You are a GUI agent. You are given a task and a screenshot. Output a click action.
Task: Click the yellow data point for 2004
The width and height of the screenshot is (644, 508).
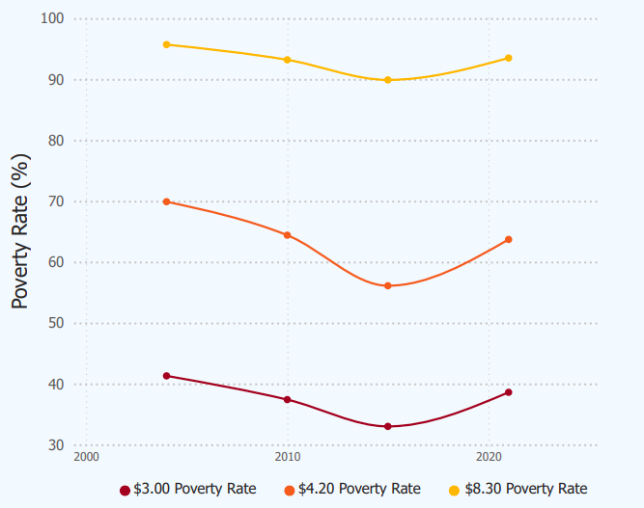pyautogui.click(x=167, y=44)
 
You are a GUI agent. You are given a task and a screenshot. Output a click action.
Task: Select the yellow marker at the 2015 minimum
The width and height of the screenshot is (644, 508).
pyautogui.click(x=388, y=80)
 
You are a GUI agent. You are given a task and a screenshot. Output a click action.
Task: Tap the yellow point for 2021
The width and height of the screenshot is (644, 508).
pyautogui.click(x=508, y=58)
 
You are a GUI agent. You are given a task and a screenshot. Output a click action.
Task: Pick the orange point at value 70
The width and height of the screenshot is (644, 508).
pyautogui.click(x=167, y=201)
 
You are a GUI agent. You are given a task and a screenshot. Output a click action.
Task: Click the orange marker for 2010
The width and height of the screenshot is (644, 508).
pyautogui.click(x=288, y=235)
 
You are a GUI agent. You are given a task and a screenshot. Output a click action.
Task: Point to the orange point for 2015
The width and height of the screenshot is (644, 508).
pyautogui.click(x=388, y=285)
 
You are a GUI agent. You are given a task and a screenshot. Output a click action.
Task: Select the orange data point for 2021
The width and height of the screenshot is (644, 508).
pyautogui.click(x=508, y=239)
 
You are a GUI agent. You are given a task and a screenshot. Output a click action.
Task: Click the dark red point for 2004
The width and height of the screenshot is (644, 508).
pyautogui.click(x=167, y=376)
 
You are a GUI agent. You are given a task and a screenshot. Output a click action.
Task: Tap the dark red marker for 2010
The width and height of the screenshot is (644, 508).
pyautogui.click(x=288, y=399)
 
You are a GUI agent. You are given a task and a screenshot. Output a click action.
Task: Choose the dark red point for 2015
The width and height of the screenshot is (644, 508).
pyautogui.click(x=388, y=426)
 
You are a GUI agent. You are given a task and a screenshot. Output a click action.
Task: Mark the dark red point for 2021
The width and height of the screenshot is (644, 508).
pyautogui.click(x=508, y=392)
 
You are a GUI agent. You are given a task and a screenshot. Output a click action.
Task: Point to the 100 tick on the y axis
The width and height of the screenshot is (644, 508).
pyautogui.click(x=52, y=19)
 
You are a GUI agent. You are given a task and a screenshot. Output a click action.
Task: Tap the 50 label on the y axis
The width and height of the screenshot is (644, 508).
pyautogui.click(x=55, y=323)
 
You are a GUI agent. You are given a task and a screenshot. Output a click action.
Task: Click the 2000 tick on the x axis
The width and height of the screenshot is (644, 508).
pyautogui.click(x=86, y=455)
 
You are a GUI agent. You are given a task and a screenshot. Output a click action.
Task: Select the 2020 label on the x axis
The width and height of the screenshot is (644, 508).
pyautogui.click(x=489, y=455)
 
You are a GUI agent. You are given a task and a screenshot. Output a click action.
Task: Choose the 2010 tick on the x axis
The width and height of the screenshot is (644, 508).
pyautogui.click(x=288, y=455)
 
